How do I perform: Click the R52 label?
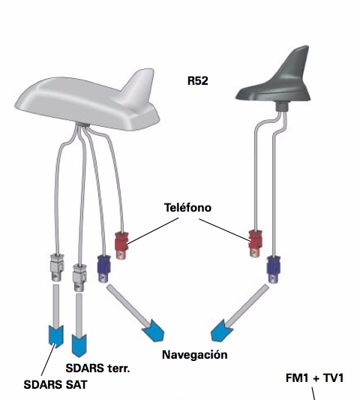coord(197,80)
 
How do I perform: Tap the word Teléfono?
coord(187,207)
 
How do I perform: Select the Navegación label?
coord(194,355)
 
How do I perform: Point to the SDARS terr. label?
coord(97,368)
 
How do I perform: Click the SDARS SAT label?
coord(55,385)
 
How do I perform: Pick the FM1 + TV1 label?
coord(314,377)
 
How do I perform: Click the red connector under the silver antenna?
coord(121,245)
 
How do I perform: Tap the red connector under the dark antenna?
coord(255,243)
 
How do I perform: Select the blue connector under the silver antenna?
coord(103,269)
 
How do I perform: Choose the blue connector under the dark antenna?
coord(274,269)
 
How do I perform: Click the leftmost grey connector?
coord(57,267)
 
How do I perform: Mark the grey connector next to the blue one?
coord(79,278)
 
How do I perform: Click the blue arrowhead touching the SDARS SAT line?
coord(55,336)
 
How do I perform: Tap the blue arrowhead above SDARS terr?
coord(79,345)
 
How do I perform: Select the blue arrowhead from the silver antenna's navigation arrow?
coord(154,330)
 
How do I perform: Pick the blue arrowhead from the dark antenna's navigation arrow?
coord(220,331)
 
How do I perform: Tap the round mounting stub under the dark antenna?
coord(282,106)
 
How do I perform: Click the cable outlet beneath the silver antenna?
coord(82,125)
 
